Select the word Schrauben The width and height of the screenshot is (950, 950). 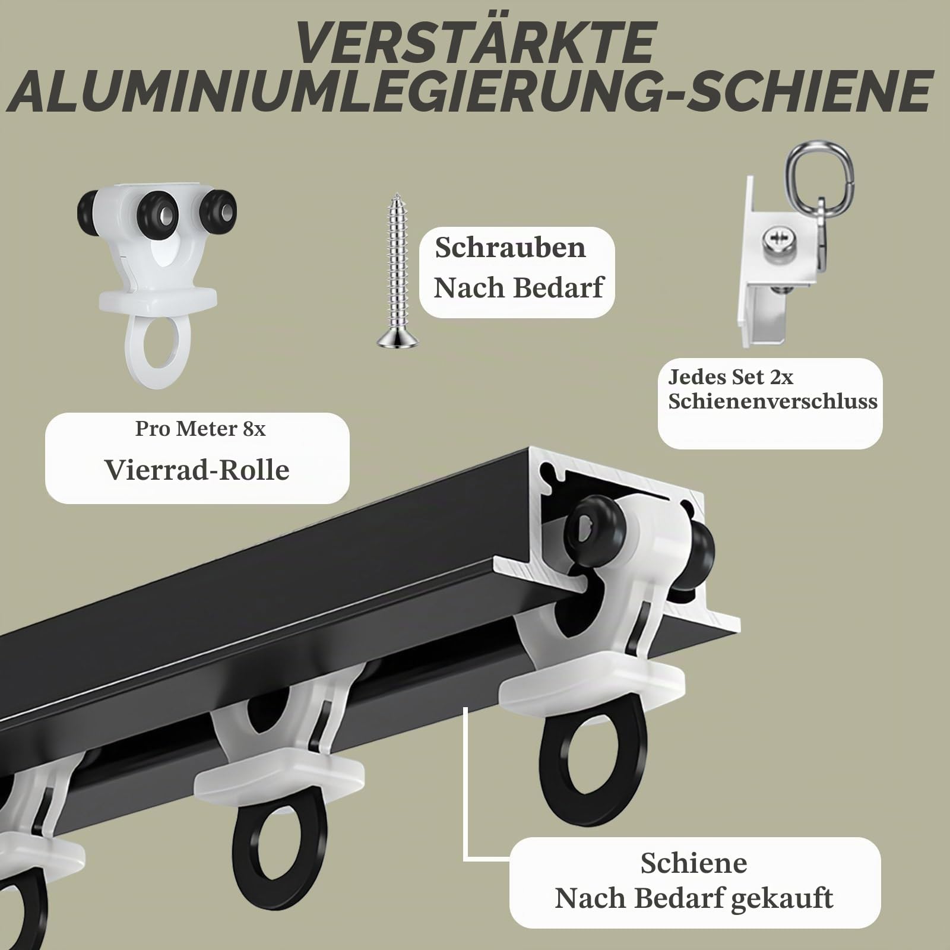click(x=510, y=248)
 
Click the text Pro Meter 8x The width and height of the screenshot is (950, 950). click(x=200, y=428)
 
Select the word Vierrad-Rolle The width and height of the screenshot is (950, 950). click(x=197, y=469)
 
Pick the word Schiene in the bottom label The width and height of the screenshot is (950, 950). click(x=693, y=863)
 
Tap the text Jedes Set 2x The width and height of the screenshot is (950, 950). click(x=730, y=377)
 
